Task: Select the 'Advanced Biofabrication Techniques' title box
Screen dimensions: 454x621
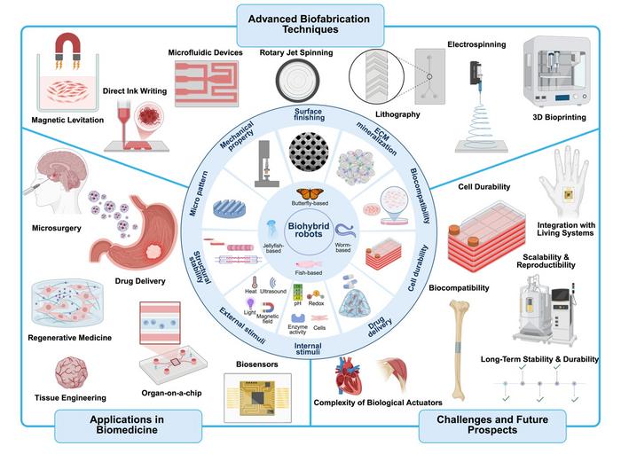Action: click(310, 22)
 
